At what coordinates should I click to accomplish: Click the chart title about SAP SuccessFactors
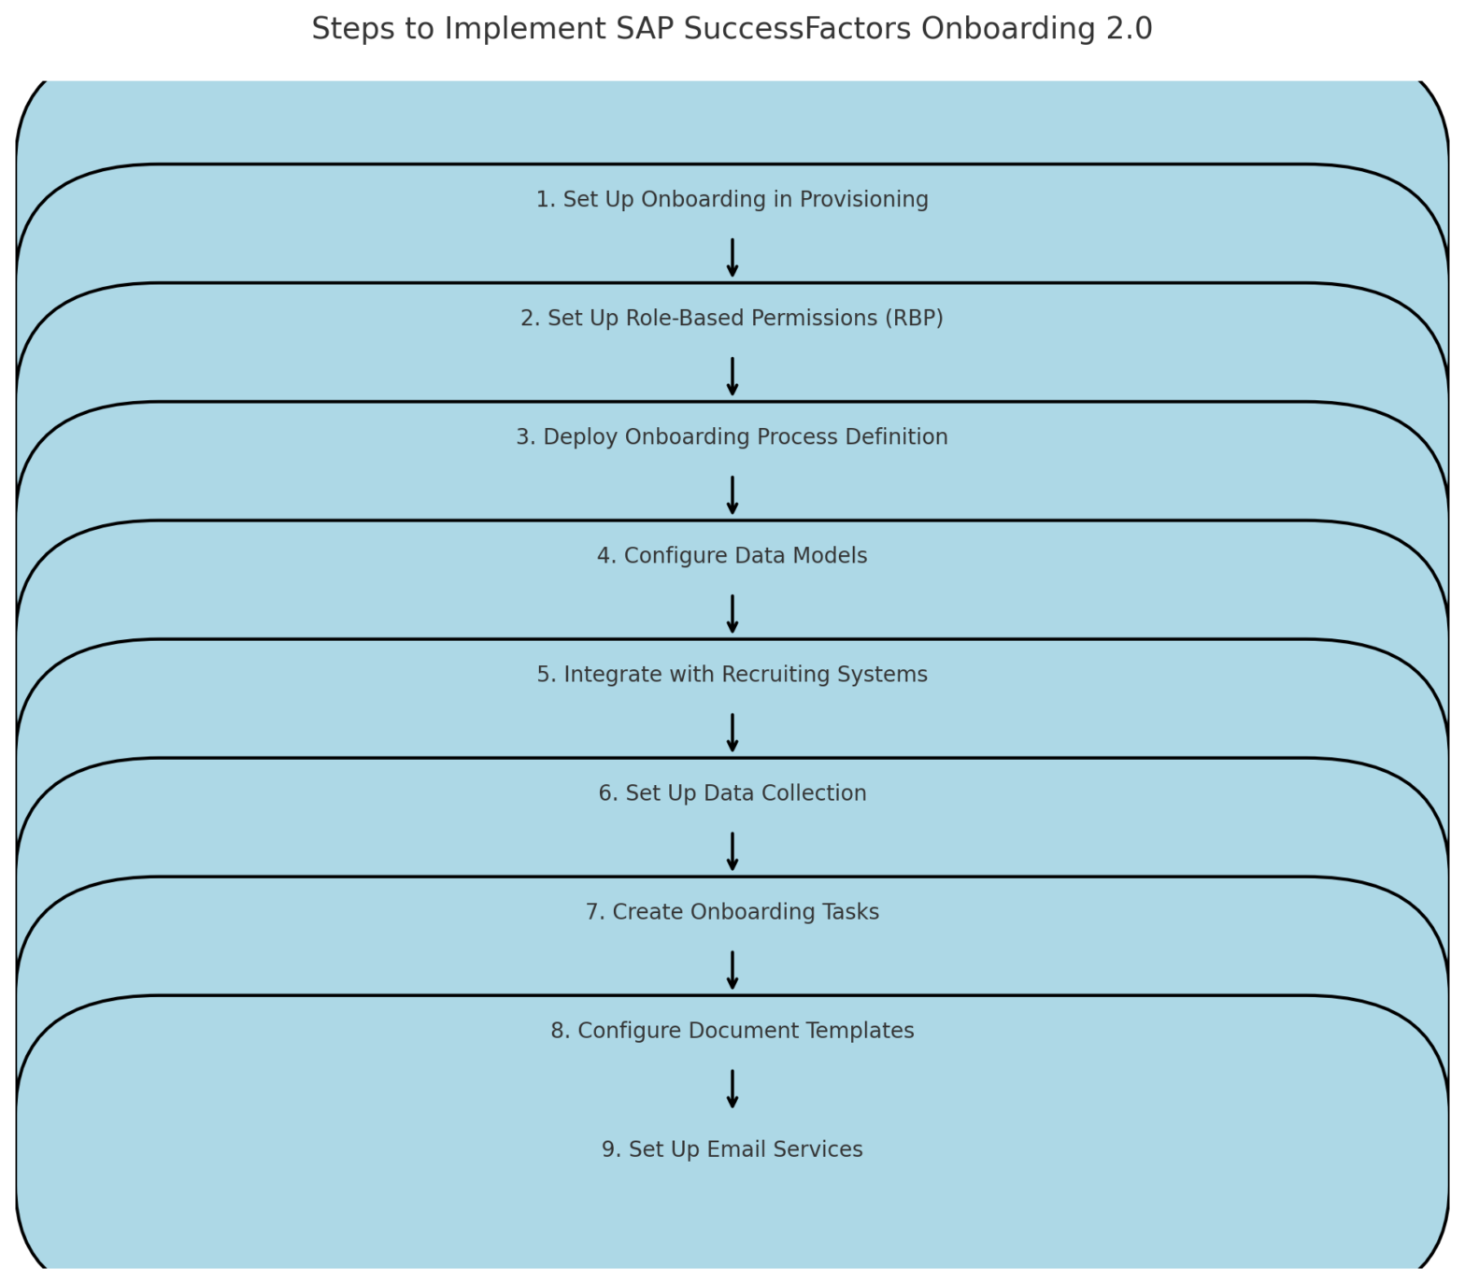[x=732, y=29]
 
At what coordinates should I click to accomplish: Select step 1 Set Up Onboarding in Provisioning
[x=732, y=200]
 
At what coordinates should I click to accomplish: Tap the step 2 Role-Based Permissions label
[x=732, y=319]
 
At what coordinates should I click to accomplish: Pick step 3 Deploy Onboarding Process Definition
[x=732, y=437]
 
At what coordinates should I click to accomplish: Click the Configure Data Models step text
[x=732, y=556]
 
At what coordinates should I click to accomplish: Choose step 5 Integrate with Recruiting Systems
[x=732, y=675]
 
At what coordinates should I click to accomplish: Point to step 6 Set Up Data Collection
[x=732, y=793]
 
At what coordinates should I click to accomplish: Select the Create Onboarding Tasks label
[x=732, y=912]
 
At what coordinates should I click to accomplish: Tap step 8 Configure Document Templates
[x=732, y=1031]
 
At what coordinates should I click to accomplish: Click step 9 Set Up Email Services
[x=732, y=1149]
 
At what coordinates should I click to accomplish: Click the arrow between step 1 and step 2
[x=732, y=258]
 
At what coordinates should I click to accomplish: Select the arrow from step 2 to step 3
[x=732, y=377]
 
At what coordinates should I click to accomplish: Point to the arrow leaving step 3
[x=732, y=495]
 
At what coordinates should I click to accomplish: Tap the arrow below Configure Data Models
[x=732, y=614]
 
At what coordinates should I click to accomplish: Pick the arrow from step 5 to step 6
[x=732, y=733]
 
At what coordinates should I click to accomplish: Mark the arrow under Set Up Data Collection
[x=732, y=851]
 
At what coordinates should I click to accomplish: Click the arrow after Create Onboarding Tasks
[x=732, y=970]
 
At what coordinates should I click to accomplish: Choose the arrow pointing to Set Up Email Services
[x=732, y=1089]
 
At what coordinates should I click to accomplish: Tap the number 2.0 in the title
[x=1130, y=29]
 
